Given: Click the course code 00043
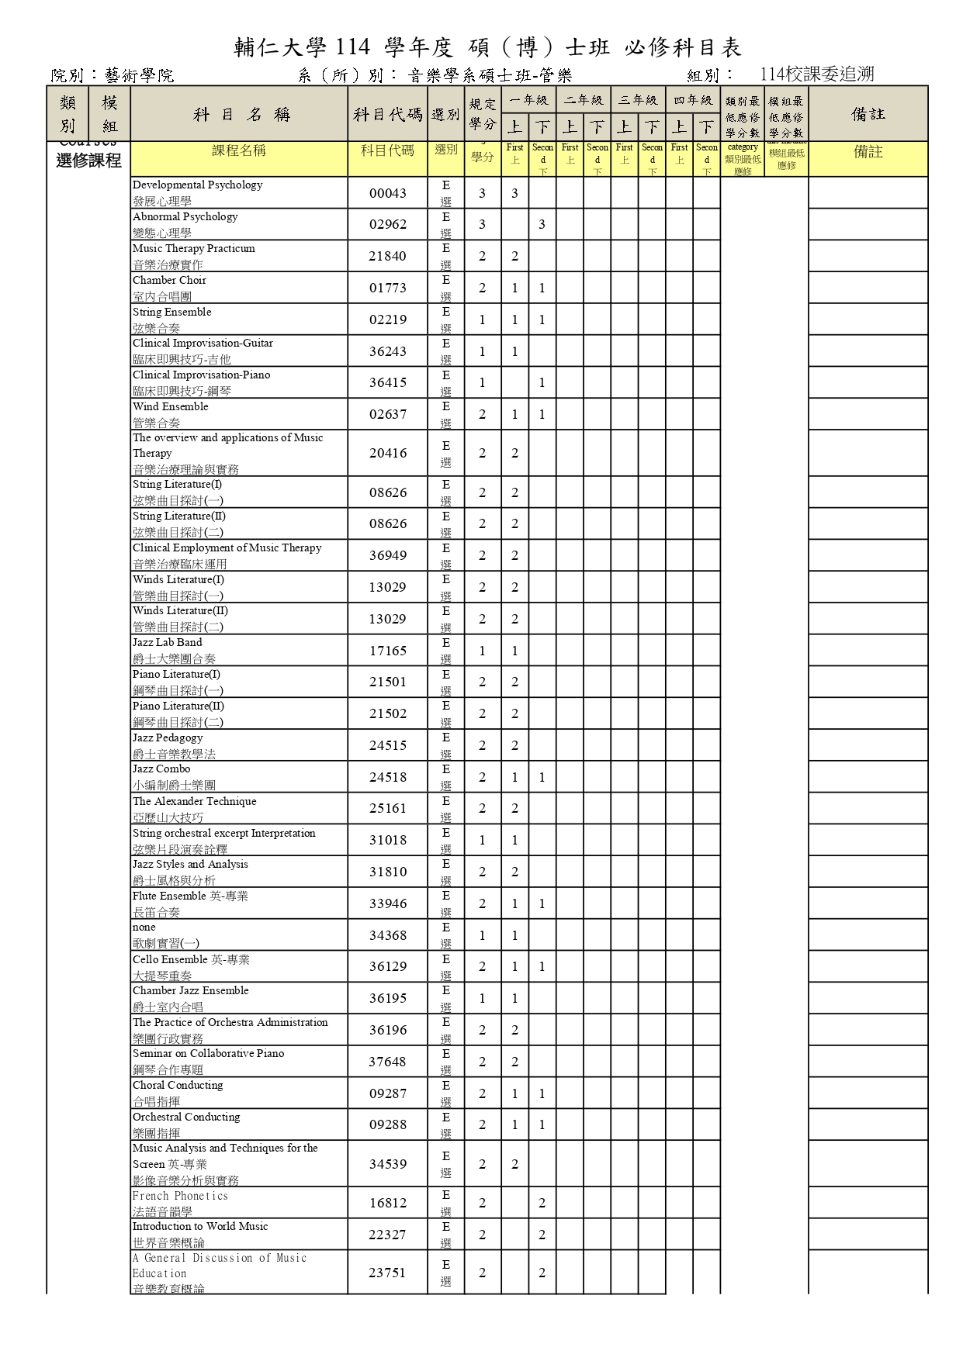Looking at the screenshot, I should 388,193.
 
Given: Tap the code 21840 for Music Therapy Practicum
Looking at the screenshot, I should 388,256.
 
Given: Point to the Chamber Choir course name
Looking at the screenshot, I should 169,281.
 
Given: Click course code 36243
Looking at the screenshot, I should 388,351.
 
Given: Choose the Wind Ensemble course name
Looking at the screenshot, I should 171,407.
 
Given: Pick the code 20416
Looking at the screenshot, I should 388,453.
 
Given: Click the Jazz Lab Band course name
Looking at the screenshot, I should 168,643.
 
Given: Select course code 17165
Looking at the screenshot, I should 388,651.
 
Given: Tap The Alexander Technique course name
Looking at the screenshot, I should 194,802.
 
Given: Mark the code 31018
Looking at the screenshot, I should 388,840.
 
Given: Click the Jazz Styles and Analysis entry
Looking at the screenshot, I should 190,865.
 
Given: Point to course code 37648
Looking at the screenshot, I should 388,1062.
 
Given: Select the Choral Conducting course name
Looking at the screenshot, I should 178,1086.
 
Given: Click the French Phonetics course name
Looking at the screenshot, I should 180,1196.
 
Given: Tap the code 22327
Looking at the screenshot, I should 388,1235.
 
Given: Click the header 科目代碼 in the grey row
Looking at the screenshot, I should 388,115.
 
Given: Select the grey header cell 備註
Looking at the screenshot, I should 868,114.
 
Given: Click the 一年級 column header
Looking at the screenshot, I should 528,100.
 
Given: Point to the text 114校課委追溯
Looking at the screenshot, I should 817,74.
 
